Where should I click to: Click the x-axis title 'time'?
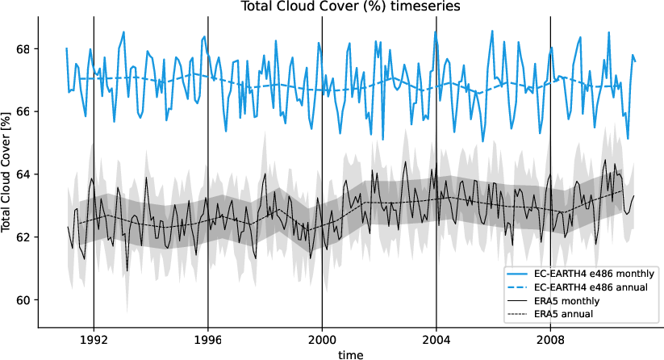coord(350,354)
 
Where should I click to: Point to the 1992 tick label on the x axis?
coord(94,339)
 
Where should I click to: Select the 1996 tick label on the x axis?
coord(208,339)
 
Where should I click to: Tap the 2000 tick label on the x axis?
coord(323,339)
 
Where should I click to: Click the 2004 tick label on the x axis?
coord(436,339)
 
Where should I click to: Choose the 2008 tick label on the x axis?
coord(551,339)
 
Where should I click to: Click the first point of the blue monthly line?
coord(67,48)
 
